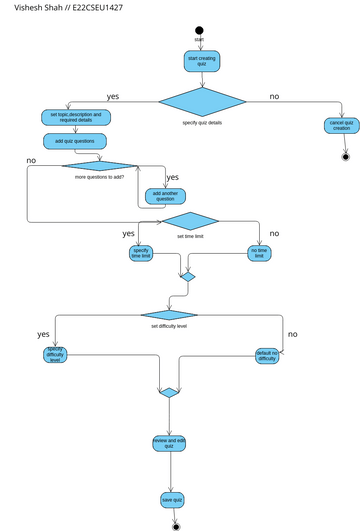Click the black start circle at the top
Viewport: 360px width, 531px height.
[x=200, y=30]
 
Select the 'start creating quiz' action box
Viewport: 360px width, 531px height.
[x=200, y=62]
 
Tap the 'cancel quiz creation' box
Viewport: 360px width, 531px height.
[x=342, y=126]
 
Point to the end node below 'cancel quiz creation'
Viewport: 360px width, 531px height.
[x=346, y=156]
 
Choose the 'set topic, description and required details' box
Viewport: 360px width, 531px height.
[x=75, y=117]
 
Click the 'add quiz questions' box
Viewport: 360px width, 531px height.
[x=75, y=142]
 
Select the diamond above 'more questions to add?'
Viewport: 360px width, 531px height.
[x=99, y=166]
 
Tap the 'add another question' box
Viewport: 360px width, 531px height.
[x=165, y=195]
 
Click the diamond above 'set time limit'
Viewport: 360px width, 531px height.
[x=190, y=221]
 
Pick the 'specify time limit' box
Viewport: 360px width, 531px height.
[x=141, y=254]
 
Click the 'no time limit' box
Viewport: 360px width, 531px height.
[x=259, y=254]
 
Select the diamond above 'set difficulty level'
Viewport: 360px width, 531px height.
[x=169, y=315]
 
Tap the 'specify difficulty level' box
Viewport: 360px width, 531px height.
[x=56, y=355]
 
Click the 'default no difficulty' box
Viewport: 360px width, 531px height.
[x=267, y=356]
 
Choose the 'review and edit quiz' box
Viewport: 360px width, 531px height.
[x=169, y=442]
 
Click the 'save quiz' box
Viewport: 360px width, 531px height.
[x=172, y=499]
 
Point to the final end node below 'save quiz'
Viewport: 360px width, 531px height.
[x=176, y=525]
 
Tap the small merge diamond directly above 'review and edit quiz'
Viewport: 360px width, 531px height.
[x=169, y=392]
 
